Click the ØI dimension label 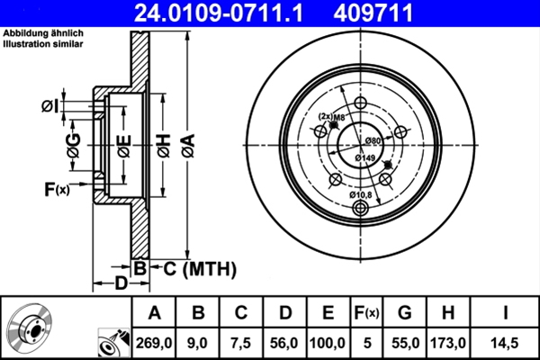click(50, 106)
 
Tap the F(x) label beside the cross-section click(57, 188)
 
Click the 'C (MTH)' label click(193, 267)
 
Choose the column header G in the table click(404, 313)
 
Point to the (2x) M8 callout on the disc click(332, 116)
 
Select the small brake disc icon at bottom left click(33, 328)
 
